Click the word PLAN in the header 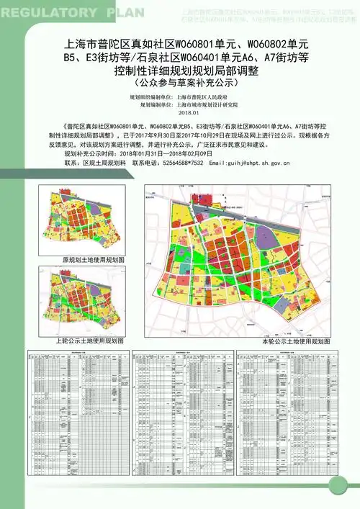coord(125,12)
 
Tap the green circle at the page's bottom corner coord(349,498)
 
